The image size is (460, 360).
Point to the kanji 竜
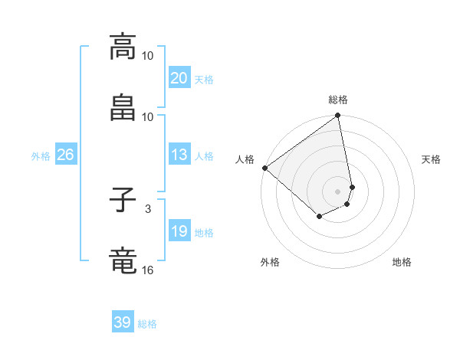(123, 260)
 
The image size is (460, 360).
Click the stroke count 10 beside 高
(148, 56)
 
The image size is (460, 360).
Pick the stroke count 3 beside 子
(148, 208)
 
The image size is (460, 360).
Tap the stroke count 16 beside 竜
(148, 270)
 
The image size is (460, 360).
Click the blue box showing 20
(179, 78)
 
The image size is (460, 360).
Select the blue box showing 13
(179, 155)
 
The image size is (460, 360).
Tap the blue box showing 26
(65, 155)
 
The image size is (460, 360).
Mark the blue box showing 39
(123, 322)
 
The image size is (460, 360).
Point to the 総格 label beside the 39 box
(147, 324)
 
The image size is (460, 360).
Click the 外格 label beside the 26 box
(41, 156)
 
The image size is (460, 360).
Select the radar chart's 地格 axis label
(402, 263)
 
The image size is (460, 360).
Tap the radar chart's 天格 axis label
(431, 159)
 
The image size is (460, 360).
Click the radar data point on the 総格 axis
(338, 116)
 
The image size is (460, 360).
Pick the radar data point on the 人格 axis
(264, 168)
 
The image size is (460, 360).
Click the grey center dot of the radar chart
(338, 191)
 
